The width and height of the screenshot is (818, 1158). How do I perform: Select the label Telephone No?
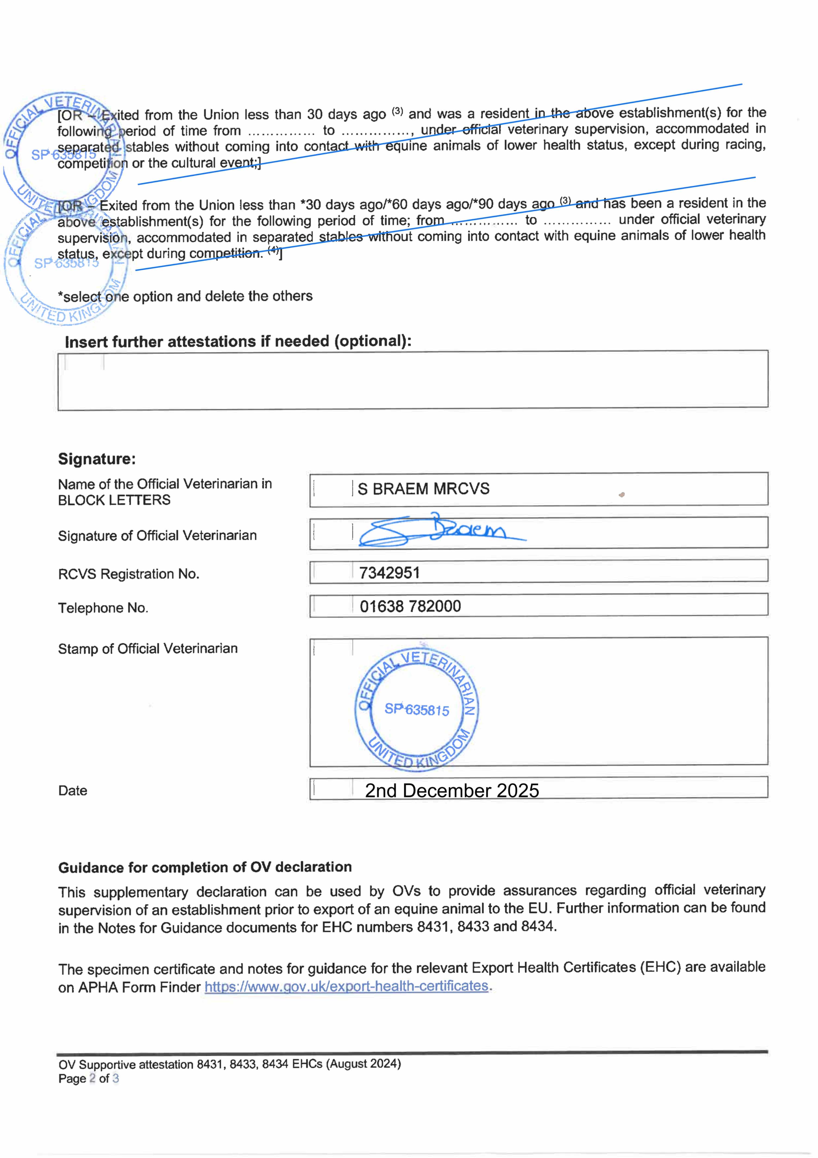pos(103,608)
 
